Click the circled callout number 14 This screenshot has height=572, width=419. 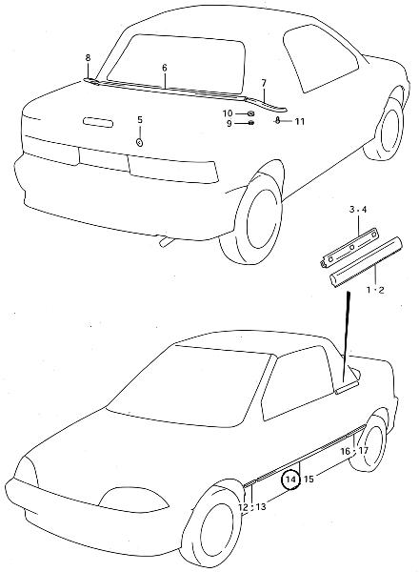(290, 479)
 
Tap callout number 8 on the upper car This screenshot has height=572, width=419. (88, 57)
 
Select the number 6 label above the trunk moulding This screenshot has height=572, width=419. (165, 68)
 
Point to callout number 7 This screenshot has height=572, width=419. (264, 83)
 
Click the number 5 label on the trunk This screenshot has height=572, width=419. (140, 120)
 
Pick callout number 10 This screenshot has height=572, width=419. (228, 113)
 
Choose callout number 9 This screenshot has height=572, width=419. (229, 123)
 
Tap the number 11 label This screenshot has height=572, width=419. (300, 121)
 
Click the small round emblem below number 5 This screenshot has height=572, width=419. (140, 142)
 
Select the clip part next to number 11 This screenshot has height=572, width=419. (277, 120)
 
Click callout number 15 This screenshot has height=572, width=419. (309, 479)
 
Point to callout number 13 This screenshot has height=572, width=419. (261, 506)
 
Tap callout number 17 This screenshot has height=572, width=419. (363, 451)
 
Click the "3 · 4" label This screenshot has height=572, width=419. (358, 210)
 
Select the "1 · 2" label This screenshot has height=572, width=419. (375, 290)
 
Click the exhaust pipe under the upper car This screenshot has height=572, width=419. (166, 242)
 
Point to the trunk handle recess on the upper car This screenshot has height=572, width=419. (98, 122)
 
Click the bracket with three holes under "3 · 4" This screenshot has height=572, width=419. (349, 249)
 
